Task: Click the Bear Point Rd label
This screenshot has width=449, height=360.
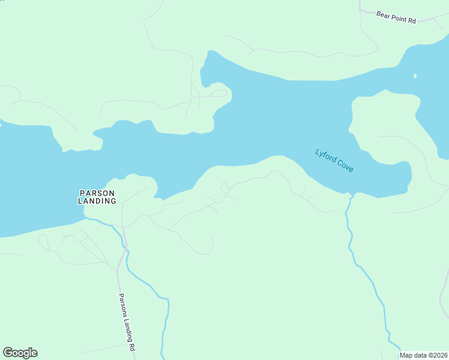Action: click(396, 17)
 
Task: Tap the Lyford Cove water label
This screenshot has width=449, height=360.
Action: click(334, 160)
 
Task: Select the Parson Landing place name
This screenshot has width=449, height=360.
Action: click(97, 197)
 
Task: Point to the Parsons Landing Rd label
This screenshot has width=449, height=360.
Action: click(126, 322)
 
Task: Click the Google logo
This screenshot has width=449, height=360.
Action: click(20, 353)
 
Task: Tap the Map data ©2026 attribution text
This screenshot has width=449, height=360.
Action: click(424, 355)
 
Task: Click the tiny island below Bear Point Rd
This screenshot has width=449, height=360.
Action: click(415, 76)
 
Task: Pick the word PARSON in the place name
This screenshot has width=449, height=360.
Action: click(97, 193)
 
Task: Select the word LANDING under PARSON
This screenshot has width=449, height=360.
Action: click(97, 201)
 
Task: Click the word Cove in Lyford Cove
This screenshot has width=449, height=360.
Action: click(345, 166)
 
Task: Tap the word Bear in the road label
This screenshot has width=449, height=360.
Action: click(383, 14)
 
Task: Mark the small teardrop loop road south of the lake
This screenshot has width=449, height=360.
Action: click(224, 188)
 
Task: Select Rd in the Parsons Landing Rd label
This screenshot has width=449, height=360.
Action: click(131, 347)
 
